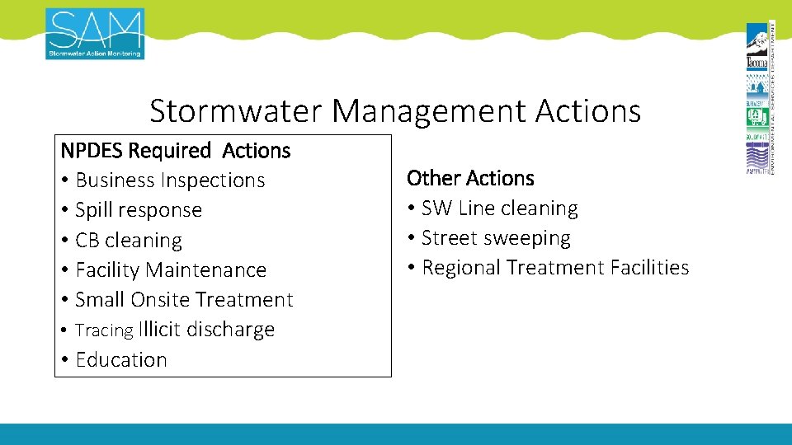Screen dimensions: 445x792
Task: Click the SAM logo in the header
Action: pos(95,34)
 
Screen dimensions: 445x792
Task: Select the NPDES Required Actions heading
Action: pos(176,151)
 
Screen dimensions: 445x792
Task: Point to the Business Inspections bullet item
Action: pos(170,180)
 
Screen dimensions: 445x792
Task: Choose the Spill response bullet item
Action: pos(139,210)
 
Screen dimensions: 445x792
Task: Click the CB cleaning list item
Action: pos(129,241)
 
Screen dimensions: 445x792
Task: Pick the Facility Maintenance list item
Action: pos(171,270)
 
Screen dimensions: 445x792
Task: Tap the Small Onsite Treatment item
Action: pos(184,300)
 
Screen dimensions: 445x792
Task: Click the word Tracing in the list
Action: pos(104,330)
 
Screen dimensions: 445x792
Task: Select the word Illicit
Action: pos(160,330)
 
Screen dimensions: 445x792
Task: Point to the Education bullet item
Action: pos(121,360)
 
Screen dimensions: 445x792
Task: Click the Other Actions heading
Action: pos(470,178)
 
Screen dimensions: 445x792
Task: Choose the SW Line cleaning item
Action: pos(500,208)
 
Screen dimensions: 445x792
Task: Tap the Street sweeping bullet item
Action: pos(496,238)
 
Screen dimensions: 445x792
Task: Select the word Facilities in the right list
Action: pos(649,268)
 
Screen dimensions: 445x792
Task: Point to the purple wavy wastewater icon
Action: pos(757,156)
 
